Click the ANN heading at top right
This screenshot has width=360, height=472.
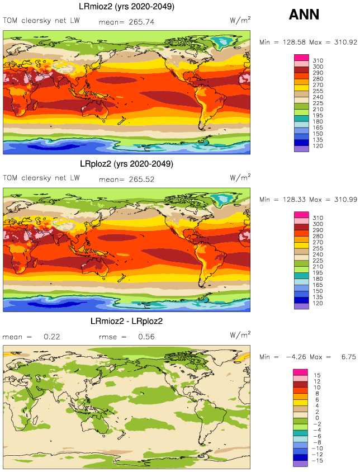click(x=304, y=15)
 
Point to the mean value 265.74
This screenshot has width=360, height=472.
click(x=141, y=22)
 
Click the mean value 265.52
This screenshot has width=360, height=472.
click(x=141, y=180)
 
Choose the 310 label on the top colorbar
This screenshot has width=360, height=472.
click(x=318, y=60)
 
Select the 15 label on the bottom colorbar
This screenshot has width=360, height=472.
click(x=316, y=375)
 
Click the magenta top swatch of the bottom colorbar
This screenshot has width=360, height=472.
click(x=301, y=372)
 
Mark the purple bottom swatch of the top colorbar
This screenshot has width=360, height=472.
click(x=301, y=149)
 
